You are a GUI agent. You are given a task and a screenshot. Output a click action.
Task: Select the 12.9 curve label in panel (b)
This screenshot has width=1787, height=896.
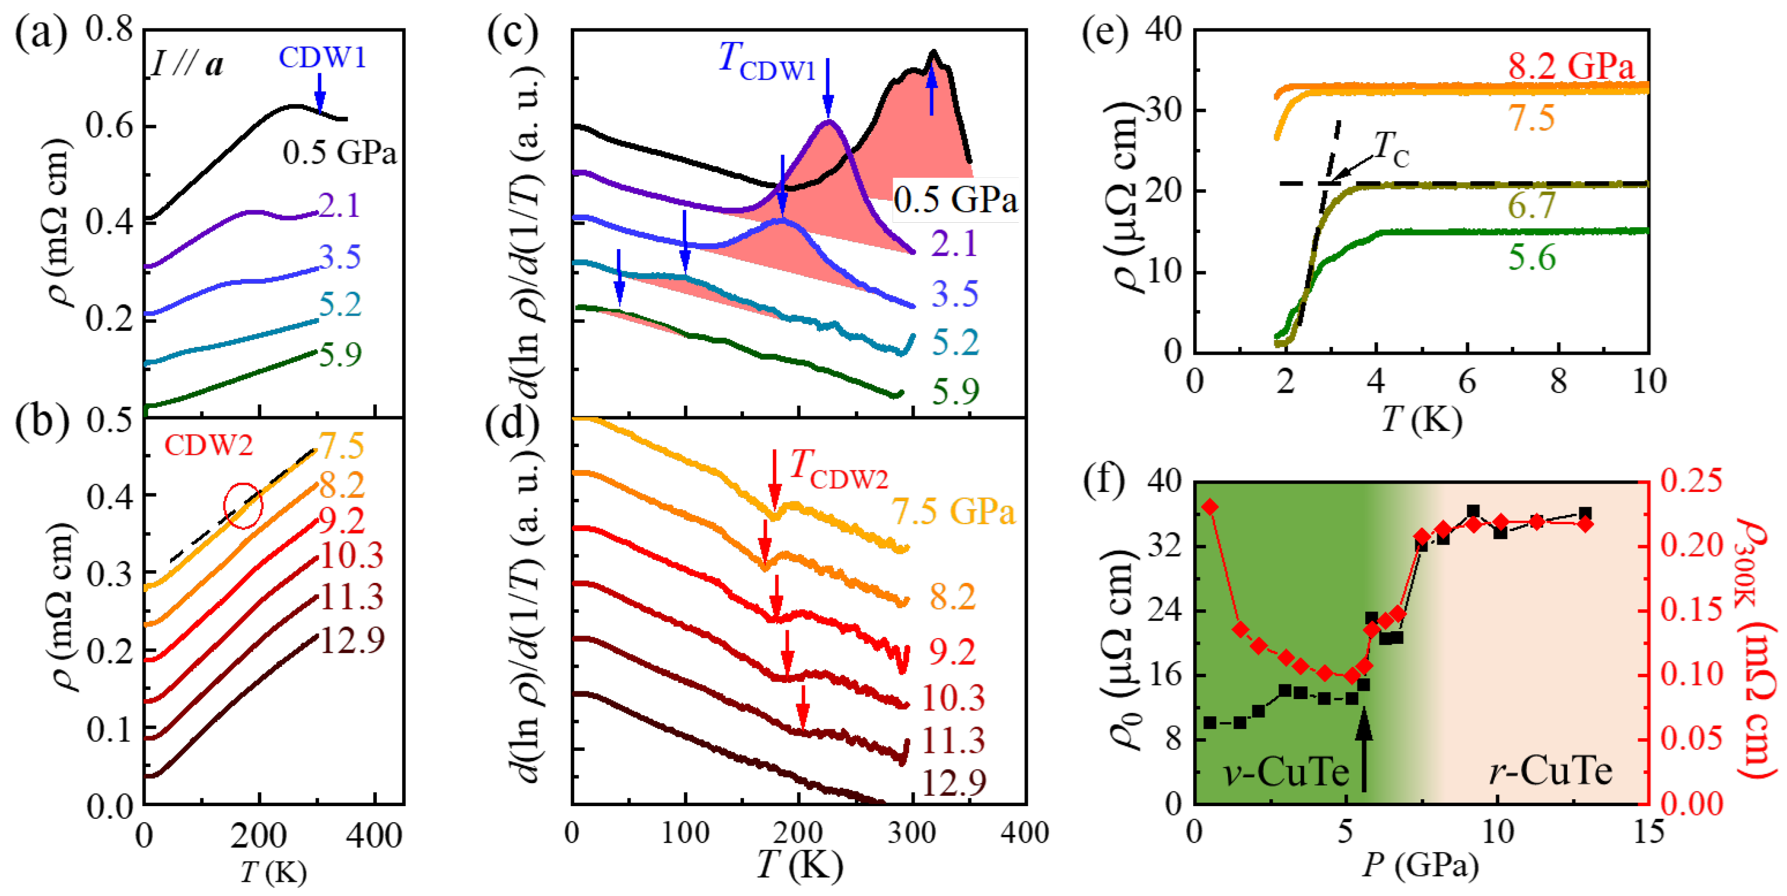[x=352, y=640]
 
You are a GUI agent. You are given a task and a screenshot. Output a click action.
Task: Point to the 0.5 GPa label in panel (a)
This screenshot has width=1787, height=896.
[x=339, y=152]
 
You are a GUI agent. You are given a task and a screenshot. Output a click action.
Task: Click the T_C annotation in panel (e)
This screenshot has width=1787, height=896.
[x=1392, y=148]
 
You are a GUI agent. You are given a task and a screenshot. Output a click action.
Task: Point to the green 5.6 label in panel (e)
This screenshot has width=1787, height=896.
[x=1532, y=258]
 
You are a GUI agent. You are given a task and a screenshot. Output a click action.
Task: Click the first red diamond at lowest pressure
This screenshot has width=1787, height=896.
[x=1211, y=507]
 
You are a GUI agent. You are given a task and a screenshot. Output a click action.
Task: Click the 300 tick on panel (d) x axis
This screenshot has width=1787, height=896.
[x=912, y=832]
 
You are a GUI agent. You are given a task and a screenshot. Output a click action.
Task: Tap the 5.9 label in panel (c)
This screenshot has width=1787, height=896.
[x=955, y=392]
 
